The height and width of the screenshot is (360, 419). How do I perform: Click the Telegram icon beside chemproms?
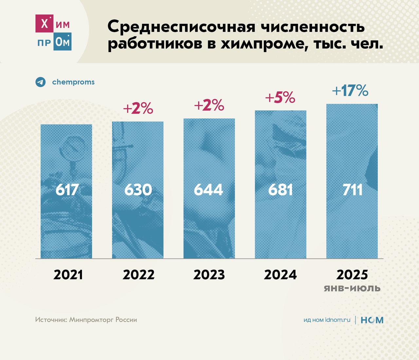[41, 82]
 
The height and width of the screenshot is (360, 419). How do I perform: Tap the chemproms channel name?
[73, 82]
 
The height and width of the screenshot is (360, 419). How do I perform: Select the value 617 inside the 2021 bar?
[67, 190]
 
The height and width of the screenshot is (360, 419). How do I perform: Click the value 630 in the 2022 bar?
[138, 190]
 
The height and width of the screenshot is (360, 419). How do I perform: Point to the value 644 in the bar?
[209, 190]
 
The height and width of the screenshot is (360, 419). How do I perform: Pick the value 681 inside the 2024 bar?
[280, 190]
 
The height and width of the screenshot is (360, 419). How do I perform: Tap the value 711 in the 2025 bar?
[353, 190]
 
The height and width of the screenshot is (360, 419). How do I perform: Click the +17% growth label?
[350, 90]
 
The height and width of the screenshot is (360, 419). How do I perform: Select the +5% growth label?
[280, 98]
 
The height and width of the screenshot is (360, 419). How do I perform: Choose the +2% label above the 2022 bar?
[138, 108]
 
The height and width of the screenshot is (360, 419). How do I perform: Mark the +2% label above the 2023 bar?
[209, 105]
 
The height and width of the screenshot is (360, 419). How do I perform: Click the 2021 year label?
[68, 275]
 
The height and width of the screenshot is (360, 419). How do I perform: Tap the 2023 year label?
[209, 275]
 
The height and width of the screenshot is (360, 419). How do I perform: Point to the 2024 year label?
[280, 275]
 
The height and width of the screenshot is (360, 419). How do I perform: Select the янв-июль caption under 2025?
[352, 288]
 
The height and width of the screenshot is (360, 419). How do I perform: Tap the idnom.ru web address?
[337, 320]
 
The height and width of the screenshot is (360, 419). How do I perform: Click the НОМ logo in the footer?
[372, 320]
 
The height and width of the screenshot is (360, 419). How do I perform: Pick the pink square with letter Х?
[44, 24]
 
